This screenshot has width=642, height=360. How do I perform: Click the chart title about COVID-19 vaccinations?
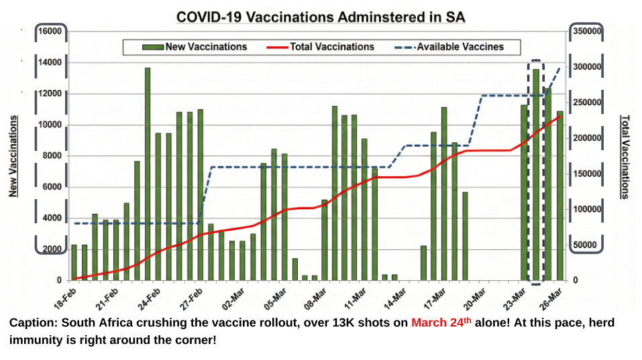pyautogui.click(x=321, y=17)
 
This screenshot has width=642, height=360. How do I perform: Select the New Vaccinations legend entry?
pyautogui.click(x=195, y=47)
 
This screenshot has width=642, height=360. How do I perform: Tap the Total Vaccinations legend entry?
pyautogui.click(x=320, y=47)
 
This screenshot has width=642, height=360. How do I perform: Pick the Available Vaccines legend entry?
pyautogui.click(x=449, y=47)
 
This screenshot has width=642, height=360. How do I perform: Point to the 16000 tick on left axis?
pyautogui.click(x=50, y=31)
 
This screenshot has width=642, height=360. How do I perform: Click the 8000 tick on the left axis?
pyautogui.click(x=52, y=156)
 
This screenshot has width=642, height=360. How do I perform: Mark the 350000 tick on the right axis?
pyautogui.click(x=587, y=31)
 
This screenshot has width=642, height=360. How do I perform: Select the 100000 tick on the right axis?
pyautogui.click(x=587, y=209)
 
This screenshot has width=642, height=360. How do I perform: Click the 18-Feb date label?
pyautogui.click(x=66, y=298)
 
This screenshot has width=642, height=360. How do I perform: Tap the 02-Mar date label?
pyautogui.click(x=233, y=298)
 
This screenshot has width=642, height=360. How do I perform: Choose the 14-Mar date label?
pyautogui.click(x=395, y=298)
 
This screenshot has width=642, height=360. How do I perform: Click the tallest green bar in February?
pyautogui.click(x=148, y=174)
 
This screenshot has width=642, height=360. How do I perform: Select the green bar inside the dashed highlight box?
pyautogui.click(x=535, y=175)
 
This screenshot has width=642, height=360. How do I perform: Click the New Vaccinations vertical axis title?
pyautogui.click(x=13, y=156)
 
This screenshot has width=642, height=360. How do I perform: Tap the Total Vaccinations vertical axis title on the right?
pyautogui.click(x=625, y=157)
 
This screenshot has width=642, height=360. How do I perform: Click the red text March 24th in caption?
pyautogui.click(x=441, y=322)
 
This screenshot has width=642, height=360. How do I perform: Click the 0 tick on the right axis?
pyautogui.click(x=576, y=280)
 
